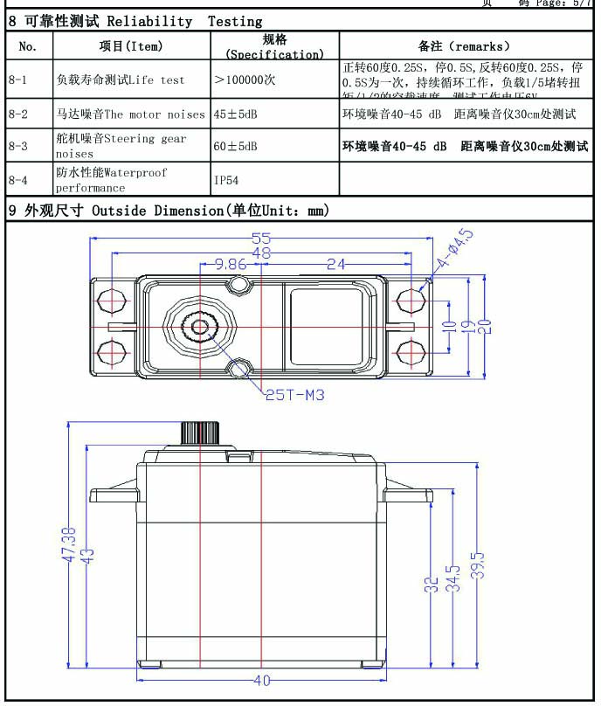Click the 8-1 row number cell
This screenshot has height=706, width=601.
18,80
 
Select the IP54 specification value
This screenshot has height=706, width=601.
228,180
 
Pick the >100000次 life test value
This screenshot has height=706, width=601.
245,80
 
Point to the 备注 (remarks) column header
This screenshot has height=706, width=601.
464,46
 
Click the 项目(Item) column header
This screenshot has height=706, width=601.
131,46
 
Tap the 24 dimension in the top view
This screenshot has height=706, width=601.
337,264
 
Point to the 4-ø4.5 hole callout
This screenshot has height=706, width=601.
456,249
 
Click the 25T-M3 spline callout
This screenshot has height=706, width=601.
294,395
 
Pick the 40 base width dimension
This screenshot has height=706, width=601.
261,681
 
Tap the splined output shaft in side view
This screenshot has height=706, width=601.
200,433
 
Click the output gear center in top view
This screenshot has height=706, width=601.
200,328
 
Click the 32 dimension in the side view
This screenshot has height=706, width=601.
432,584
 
